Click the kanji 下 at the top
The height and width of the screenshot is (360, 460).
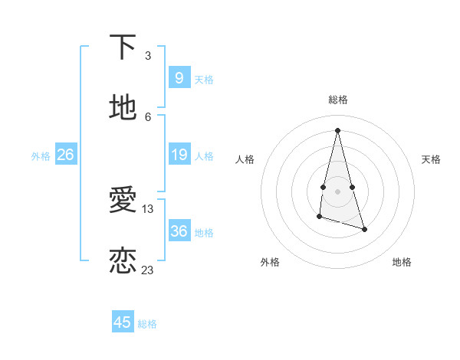123,47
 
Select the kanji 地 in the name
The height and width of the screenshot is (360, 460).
123,106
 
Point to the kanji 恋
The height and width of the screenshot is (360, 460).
123,260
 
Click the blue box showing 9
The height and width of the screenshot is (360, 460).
179,77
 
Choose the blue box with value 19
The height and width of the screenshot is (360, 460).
179,155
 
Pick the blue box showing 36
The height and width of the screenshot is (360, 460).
179,231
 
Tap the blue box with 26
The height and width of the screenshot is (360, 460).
65,155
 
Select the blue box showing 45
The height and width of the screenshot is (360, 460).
122,322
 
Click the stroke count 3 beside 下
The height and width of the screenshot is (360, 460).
148,56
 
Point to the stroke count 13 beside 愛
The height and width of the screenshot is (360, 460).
148,208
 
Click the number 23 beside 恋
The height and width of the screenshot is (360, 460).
148,270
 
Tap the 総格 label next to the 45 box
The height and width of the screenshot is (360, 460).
147,324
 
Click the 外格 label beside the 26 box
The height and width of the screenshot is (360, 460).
41,156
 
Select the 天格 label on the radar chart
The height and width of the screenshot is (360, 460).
432,159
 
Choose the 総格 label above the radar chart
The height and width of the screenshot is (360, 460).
338,100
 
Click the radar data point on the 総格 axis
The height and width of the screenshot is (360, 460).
337,129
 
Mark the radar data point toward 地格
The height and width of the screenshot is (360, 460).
364,229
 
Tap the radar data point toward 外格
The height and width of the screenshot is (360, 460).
319,217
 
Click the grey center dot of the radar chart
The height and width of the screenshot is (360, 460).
337,191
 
